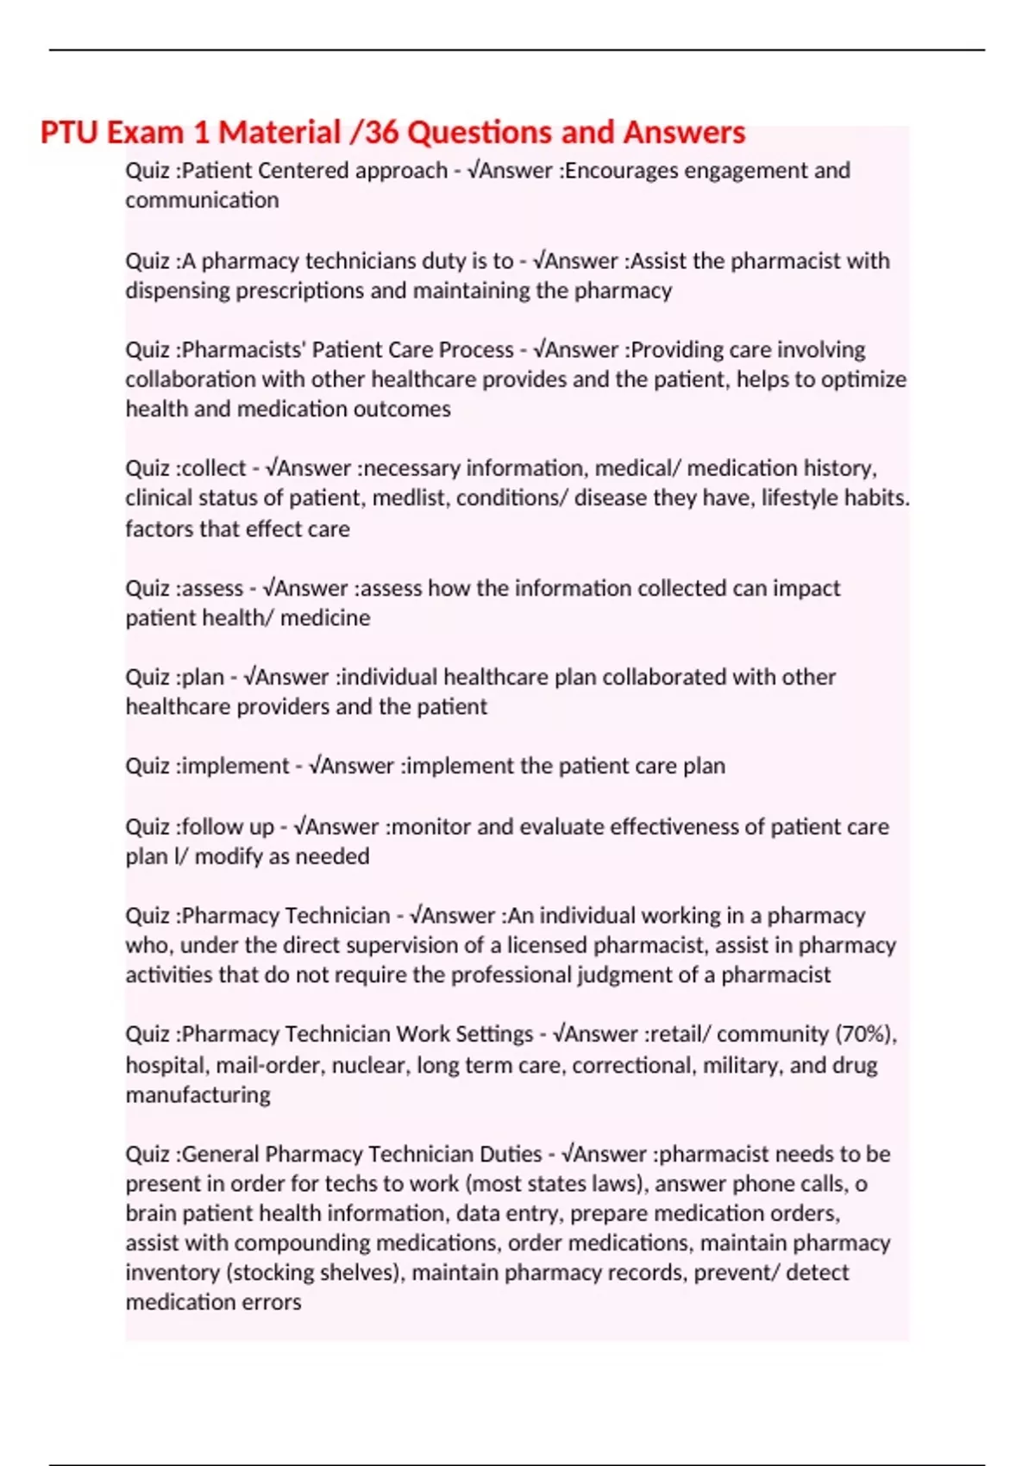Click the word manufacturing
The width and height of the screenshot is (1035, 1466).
click(198, 1095)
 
